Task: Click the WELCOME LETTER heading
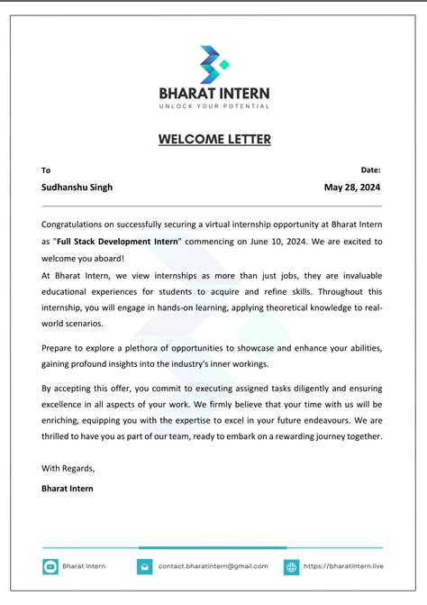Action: (x=214, y=139)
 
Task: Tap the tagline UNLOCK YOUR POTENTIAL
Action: (x=213, y=106)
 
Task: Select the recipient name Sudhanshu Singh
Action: (x=77, y=188)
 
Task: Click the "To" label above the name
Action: (x=46, y=170)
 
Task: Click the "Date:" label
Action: (x=370, y=170)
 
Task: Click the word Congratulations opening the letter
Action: (x=78, y=224)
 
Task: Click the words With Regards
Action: (x=68, y=468)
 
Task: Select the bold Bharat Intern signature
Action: (x=67, y=488)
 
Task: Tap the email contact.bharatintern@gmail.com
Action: (x=213, y=566)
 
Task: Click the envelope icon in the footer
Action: (x=144, y=566)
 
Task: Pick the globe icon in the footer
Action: (x=292, y=566)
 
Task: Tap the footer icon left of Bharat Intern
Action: (x=50, y=566)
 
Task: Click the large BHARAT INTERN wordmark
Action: (x=213, y=93)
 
